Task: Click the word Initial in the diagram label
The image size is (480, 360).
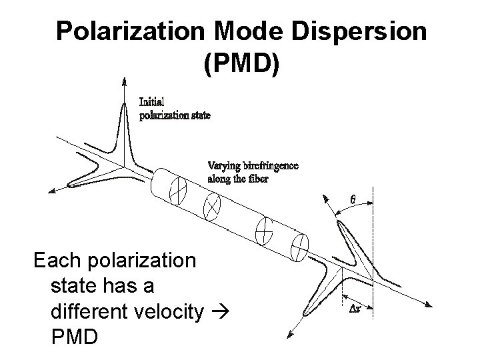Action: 151,102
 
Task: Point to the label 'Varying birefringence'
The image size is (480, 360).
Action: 253,166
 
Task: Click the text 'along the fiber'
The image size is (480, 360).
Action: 238,179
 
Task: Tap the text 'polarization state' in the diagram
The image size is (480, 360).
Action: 175,115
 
